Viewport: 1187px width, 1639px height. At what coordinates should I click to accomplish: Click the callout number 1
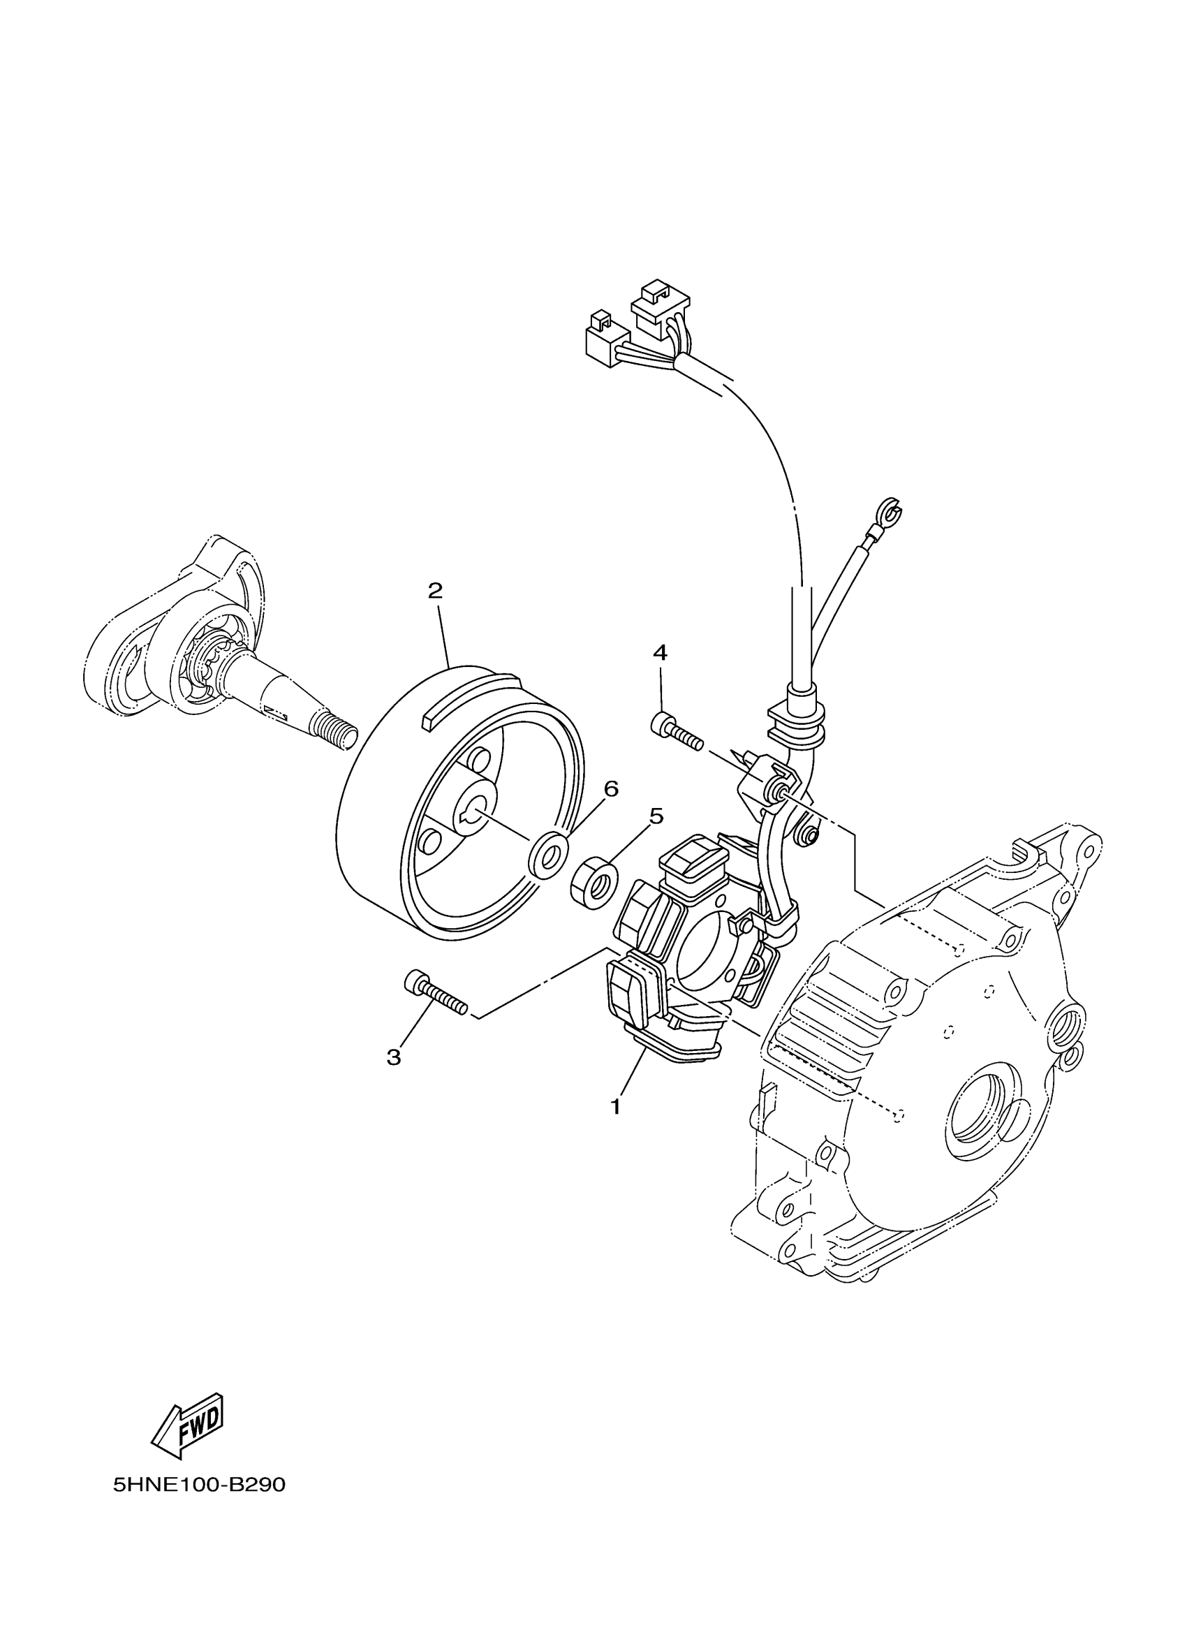(x=616, y=1106)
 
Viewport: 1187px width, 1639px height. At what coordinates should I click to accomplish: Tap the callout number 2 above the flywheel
(x=434, y=591)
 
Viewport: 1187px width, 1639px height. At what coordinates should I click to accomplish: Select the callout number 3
(x=393, y=1057)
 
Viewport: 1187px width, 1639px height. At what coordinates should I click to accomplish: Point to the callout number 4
(x=660, y=652)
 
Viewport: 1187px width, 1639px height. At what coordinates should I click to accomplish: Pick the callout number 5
(x=655, y=816)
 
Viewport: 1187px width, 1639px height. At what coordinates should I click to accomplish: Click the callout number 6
(x=611, y=789)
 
